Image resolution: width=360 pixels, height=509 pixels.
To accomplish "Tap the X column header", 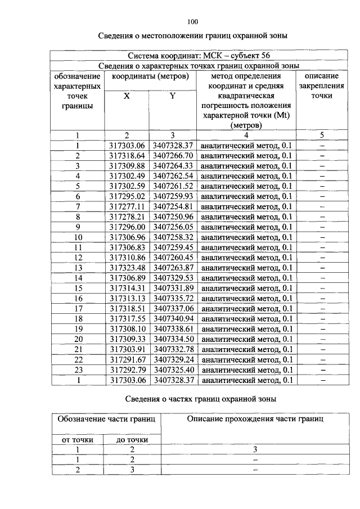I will tap(127, 96).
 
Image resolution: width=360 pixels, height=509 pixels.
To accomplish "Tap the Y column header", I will tap(173, 96).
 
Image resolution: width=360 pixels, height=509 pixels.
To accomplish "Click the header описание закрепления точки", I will tap(322, 85).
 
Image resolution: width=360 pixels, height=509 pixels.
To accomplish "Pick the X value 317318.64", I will tap(127, 155).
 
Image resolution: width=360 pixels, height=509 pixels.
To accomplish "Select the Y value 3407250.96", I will tap(173, 216).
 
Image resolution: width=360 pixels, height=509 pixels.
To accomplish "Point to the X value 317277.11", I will tap(127, 206).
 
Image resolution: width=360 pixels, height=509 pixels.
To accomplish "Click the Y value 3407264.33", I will tap(173, 165).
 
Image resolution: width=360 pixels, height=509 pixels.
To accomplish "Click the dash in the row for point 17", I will tap(322, 308).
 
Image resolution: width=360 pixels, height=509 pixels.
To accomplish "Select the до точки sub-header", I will tap(132, 439).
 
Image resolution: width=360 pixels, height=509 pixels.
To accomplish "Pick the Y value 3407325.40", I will tap(173, 370).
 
